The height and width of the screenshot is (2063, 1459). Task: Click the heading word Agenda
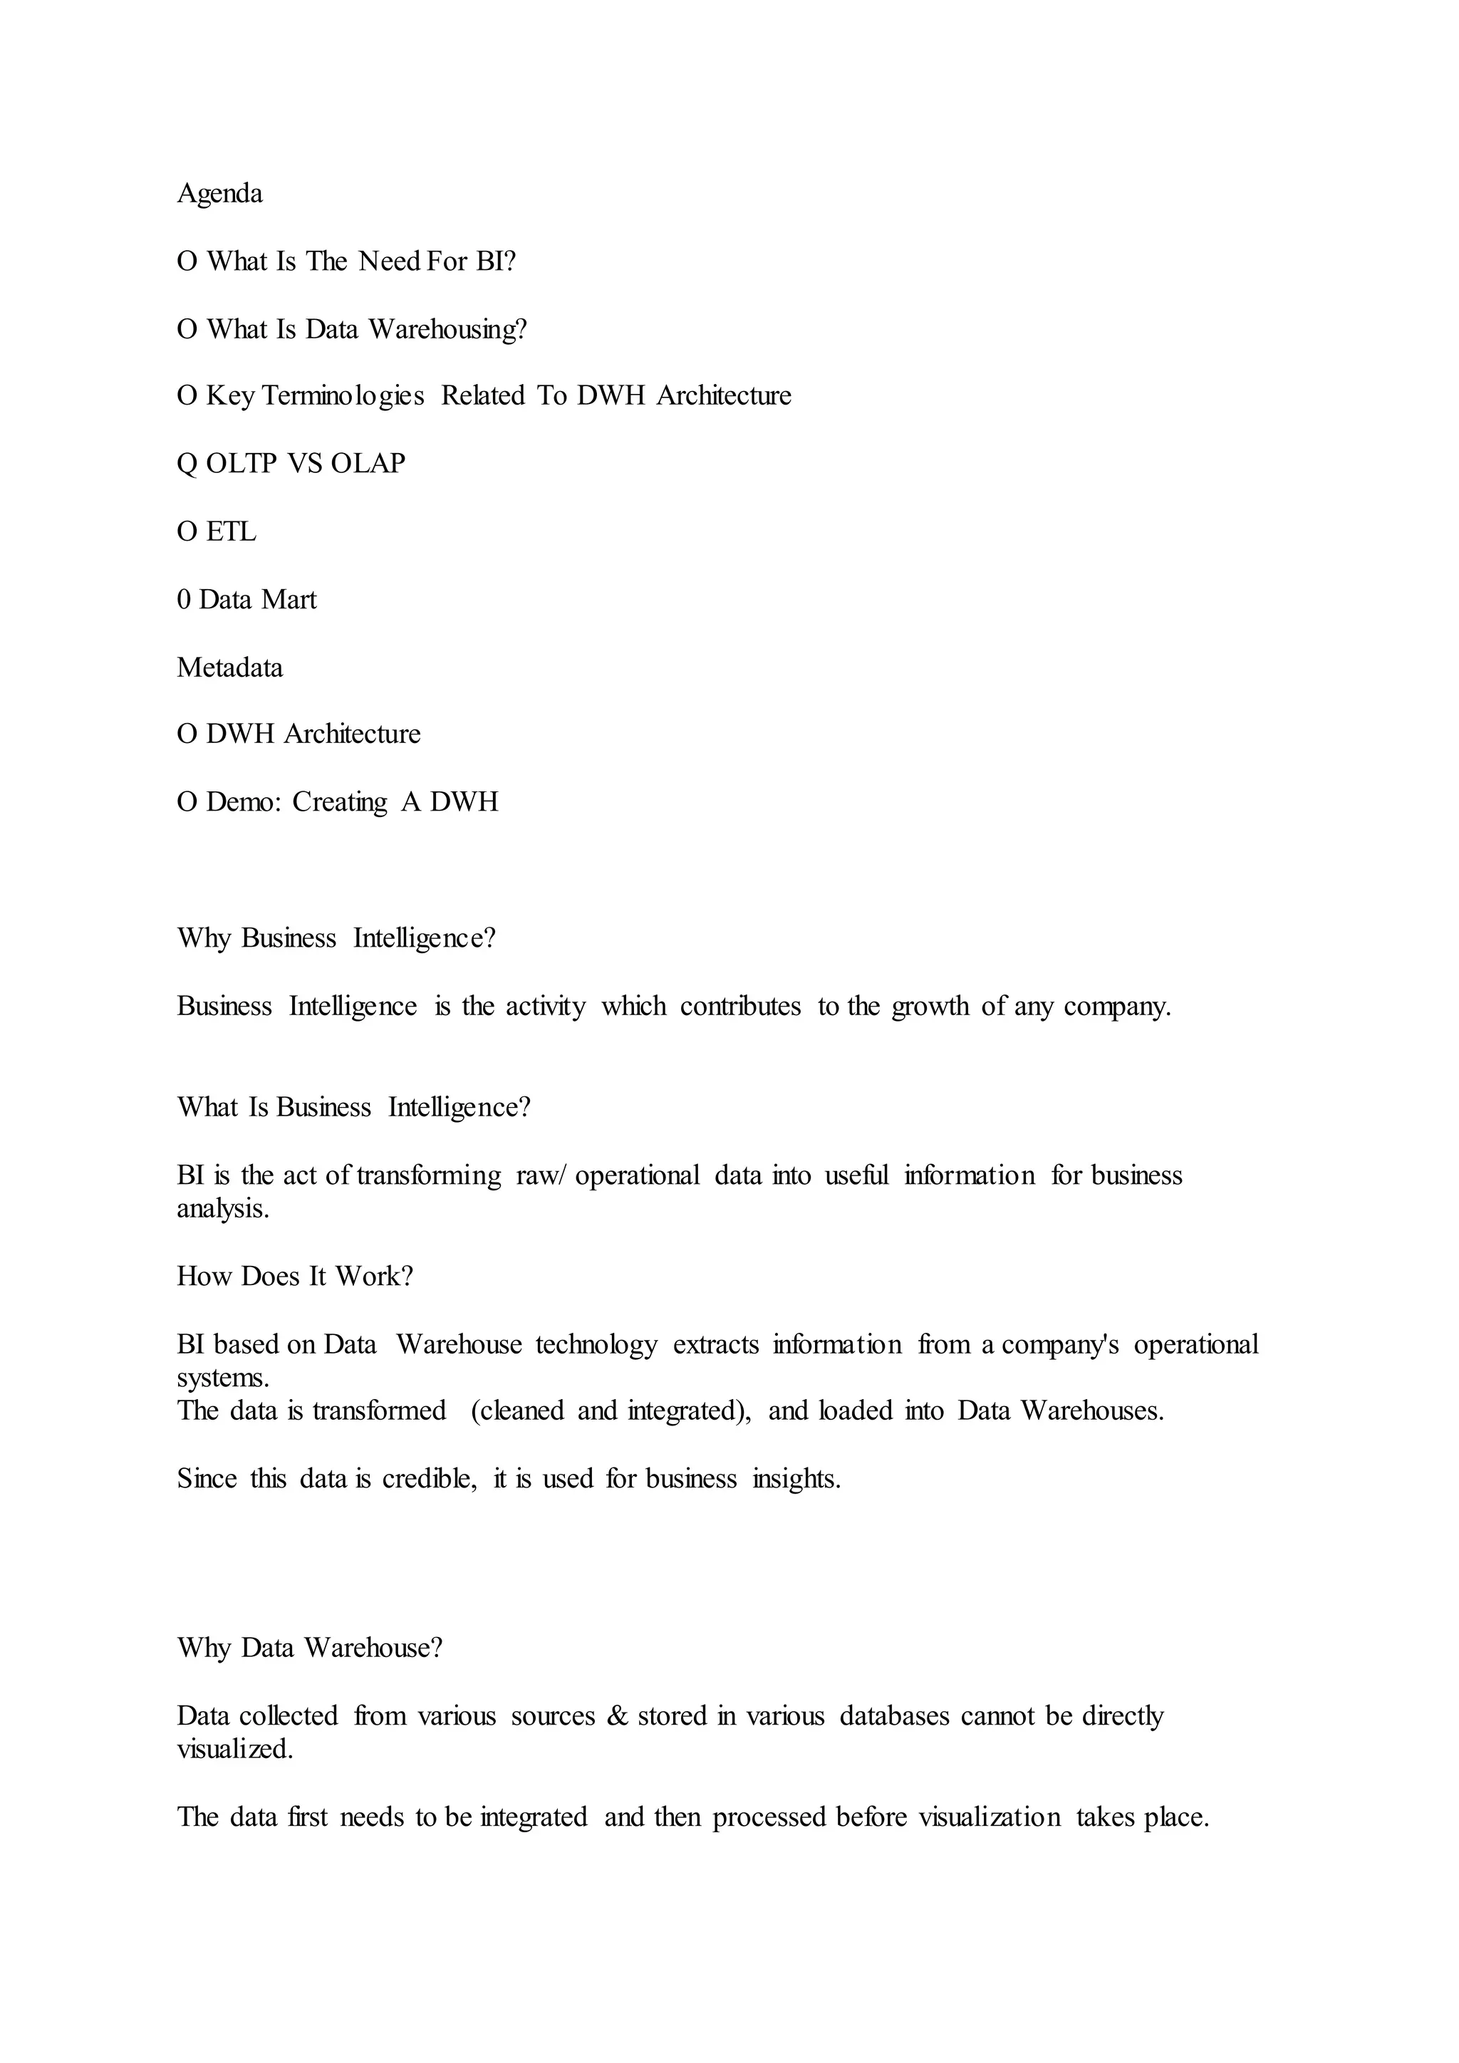(x=220, y=194)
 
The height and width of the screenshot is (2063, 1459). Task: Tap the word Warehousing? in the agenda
(x=447, y=330)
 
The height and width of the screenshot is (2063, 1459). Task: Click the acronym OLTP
(x=242, y=464)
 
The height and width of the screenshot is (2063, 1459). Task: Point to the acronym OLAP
(x=368, y=464)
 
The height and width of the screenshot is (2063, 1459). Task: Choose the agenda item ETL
(x=231, y=532)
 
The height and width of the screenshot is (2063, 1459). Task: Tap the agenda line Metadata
(x=230, y=667)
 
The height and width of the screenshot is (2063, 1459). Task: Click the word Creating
(x=340, y=801)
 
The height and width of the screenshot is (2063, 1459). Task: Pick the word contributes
(x=740, y=1007)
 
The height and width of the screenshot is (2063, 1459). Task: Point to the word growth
(x=930, y=1007)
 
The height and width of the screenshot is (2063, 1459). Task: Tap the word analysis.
(x=223, y=1210)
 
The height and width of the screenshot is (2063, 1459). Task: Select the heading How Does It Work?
(x=295, y=1277)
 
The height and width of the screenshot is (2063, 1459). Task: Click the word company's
(x=1060, y=1345)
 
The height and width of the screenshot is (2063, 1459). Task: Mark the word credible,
(x=430, y=1479)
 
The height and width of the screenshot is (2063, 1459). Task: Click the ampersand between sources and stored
(x=617, y=1716)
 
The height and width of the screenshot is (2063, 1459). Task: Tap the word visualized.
(x=235, y=1750)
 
